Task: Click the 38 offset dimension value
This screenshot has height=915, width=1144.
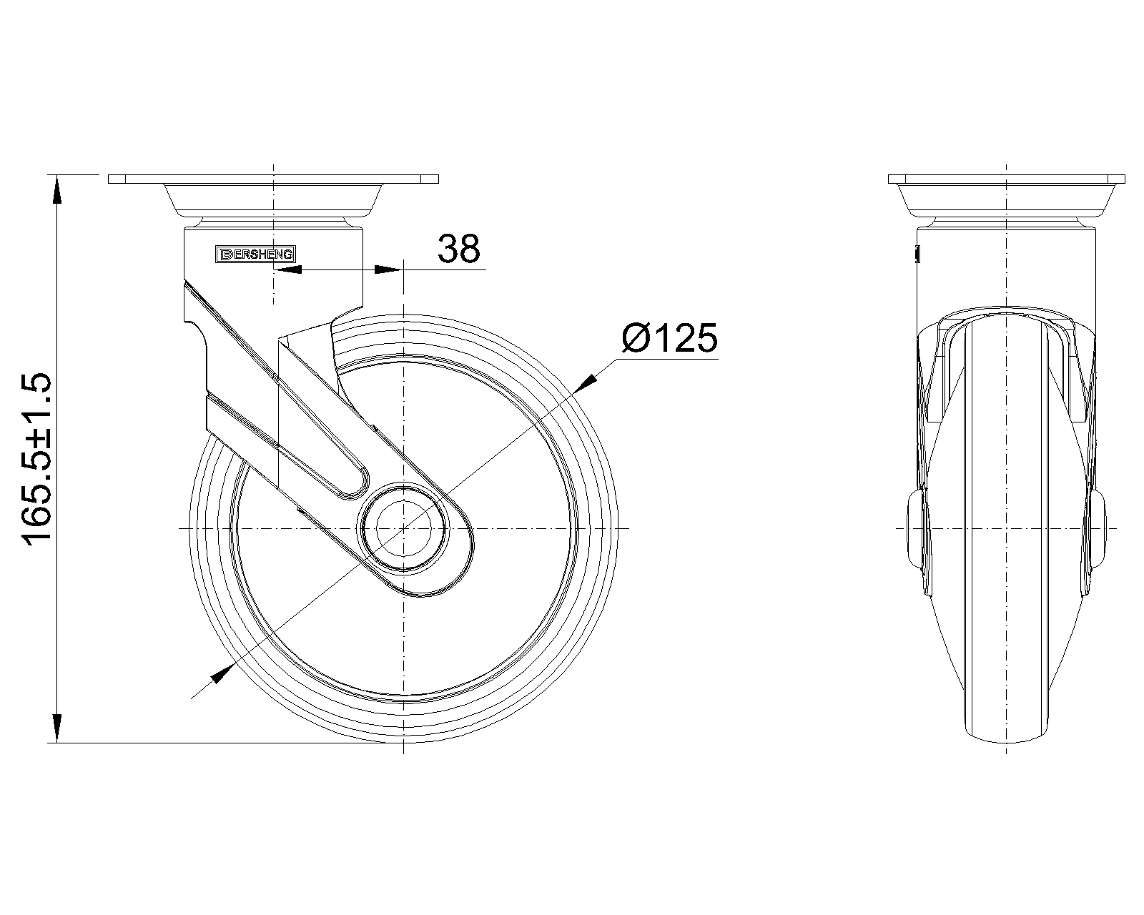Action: (x=458, y=248)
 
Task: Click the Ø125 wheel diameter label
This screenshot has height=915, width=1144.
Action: (x=669, y=337)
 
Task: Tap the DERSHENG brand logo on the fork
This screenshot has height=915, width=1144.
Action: (x=255, y=254)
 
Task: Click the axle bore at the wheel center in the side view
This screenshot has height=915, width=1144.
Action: (x=403, y=528)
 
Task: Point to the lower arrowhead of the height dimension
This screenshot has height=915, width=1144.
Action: (x=57, y=728)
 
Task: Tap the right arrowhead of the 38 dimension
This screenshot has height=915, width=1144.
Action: (x=388, y=269)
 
